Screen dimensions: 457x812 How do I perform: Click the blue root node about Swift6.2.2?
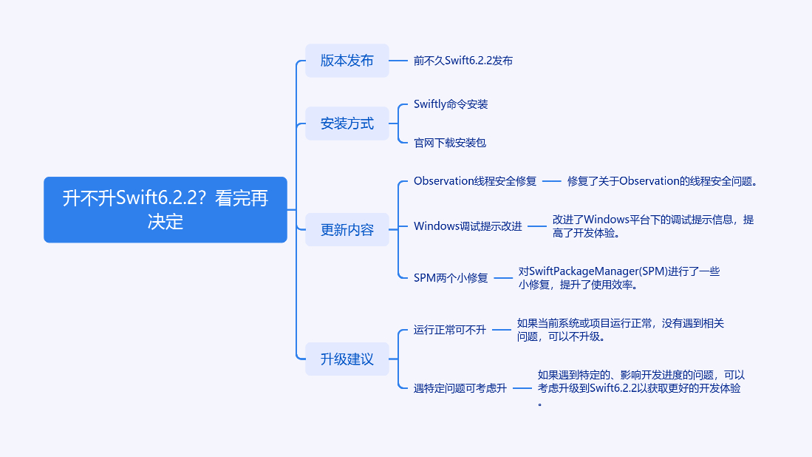[165, 209]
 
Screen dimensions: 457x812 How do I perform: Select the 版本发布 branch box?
[347, 61]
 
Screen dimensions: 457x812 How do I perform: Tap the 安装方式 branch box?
[347, 123]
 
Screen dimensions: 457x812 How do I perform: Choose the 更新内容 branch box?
[347, 229]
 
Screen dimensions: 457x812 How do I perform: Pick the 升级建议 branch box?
[347, 359]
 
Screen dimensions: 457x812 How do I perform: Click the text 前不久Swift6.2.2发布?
[463, 61]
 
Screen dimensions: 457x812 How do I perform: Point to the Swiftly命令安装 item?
[450, 104]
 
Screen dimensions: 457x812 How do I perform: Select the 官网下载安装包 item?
[449, 143]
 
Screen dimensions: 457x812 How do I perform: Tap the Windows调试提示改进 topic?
[467, 226]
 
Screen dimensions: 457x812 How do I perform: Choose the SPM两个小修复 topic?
[450, 278]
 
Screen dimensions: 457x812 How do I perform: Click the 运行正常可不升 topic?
[449, 330]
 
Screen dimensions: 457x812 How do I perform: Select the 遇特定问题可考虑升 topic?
[460, 388]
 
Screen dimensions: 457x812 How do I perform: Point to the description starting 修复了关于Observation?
[663, 181]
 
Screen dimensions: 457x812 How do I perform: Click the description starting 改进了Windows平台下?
[653, 226]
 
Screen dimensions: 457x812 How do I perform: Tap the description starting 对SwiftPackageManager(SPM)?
[618, 278]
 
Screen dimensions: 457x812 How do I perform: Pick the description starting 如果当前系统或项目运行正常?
[620, 330]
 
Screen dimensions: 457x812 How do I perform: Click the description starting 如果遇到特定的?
[640, 388]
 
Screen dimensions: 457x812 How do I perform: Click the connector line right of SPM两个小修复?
[503, 278]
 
